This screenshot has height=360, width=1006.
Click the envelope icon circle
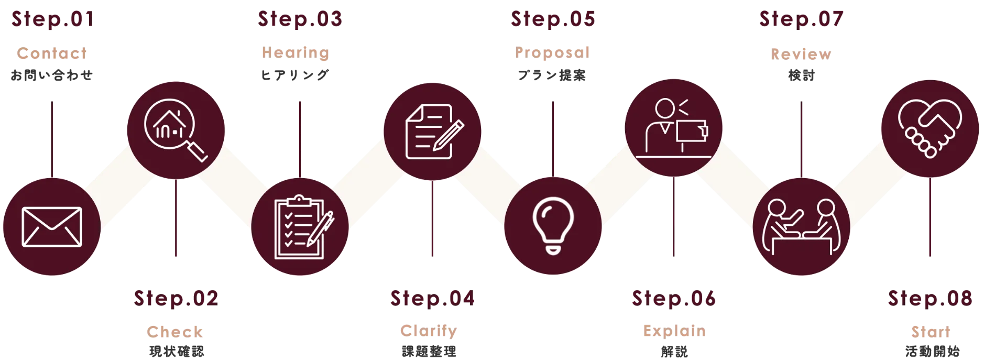tap(51, 227)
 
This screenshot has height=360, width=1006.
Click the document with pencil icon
tap(432, 131)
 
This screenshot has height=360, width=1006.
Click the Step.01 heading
tap(53, 20)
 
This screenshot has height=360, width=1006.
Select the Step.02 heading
tap(176, 299)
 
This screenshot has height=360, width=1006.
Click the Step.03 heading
tap(300, 19)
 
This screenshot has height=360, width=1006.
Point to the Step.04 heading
tap(433, 299)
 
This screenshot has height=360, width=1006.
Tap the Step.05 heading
tap(553, 20)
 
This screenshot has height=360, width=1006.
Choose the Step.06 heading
tap(673, 299)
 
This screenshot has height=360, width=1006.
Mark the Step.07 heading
tap(802, 20)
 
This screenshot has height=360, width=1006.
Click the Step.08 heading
tap(930, 299)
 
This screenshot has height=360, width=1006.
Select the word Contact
tap(52, 54)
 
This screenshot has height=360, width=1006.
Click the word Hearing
tap(296, 52)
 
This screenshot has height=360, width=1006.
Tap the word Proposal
tap(553, 52)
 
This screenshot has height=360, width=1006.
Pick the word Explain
tap(674, 332)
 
